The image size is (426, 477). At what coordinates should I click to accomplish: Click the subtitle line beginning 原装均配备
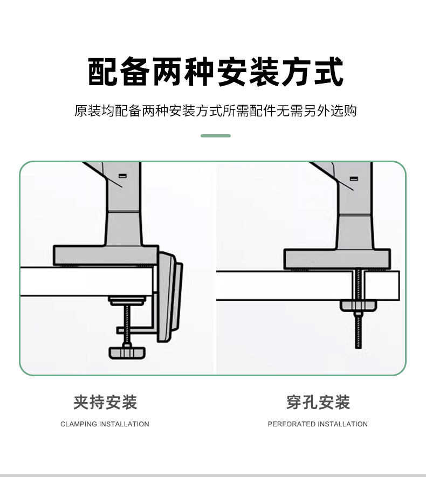[x=216, y=112]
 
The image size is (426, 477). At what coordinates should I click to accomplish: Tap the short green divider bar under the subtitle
[x=216, y=136]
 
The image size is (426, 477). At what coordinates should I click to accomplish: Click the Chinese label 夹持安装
[x=105, y=402]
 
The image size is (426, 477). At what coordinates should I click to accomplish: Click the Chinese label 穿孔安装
[x=318, y=402]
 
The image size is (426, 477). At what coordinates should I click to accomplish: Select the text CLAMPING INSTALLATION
[x=105, y=424]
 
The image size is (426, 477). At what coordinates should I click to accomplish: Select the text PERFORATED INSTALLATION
[x=318, y=424]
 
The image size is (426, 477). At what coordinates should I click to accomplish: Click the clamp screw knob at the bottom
[x=127, y=352]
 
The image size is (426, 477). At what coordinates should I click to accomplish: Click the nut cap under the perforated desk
[x=359, y=306]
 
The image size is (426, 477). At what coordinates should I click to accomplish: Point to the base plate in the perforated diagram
[x=337, y=259]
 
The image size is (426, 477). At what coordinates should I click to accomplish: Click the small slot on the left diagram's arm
[x=122, y=176]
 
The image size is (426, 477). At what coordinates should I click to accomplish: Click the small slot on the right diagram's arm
[x=354, y=178]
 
